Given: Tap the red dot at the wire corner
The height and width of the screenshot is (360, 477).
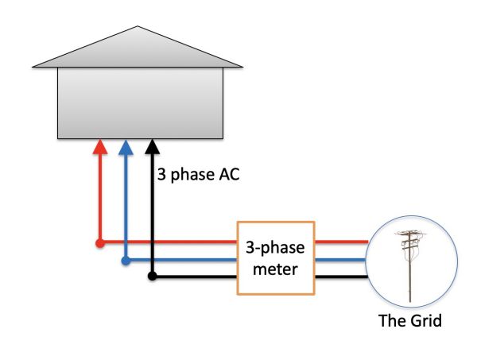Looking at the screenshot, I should (x=99, y=242).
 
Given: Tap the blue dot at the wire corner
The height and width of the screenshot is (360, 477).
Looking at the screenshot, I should (x=125, y=259).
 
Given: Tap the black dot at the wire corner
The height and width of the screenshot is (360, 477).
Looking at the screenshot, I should (x=152, y=277).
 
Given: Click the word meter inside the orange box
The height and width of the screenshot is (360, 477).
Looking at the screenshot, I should (x=275, y=269).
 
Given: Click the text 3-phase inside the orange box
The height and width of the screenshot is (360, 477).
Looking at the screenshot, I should (x=275, y=250).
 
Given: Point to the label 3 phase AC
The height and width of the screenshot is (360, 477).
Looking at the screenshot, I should (x=199, y=175).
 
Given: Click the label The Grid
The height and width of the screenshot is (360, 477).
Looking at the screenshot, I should (x=410, y=322).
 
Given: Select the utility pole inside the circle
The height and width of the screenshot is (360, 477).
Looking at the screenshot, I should (x=410, y=266).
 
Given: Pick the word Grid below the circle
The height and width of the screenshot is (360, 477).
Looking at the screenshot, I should (x=424, y=322).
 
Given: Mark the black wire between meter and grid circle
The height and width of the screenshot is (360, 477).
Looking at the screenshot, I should (x=341, y=277).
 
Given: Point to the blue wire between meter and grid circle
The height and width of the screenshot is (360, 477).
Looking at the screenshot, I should (x=341, y=259).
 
